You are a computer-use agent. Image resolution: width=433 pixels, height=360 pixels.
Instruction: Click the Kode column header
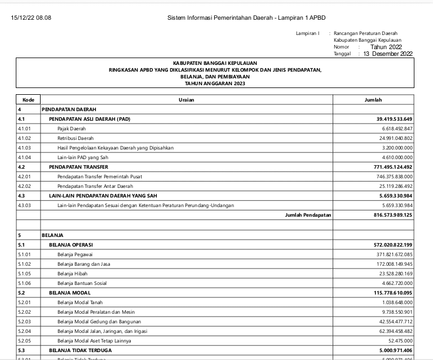click(x=28, y=100)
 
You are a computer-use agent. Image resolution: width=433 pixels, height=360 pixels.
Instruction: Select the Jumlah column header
click(x=373, y=100)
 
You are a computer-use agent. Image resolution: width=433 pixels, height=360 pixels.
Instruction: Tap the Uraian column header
click(x=187, y=100)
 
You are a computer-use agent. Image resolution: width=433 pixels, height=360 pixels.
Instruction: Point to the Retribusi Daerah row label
click(x=76, y=138)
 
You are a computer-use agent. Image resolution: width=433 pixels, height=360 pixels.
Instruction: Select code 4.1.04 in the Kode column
click(x=24, y=157)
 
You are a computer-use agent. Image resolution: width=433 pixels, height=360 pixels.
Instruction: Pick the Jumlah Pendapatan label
click(x=308, y=215)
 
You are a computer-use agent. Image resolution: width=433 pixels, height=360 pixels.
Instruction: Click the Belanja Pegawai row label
click(x=74, y=254)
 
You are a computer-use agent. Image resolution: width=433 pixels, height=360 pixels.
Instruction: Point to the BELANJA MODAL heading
click(x=70, y=292)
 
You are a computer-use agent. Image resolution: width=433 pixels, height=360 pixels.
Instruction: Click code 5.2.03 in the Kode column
click(x=24, y=321)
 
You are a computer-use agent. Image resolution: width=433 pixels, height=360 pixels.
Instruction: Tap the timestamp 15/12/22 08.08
click(x=31, y=18)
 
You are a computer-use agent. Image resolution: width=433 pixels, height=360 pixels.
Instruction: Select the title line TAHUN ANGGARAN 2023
click(x=215, y=84)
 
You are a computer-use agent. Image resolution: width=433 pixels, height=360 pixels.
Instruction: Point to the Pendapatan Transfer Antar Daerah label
click(x=95, y=186)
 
